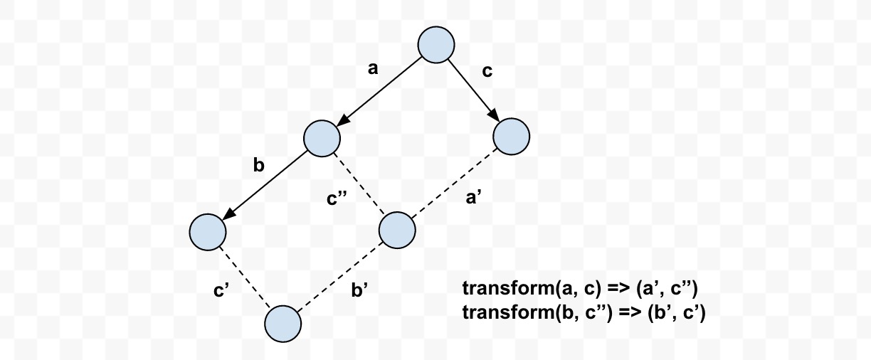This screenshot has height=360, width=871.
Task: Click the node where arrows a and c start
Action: (435, 45)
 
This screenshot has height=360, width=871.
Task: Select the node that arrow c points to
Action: (511, 137)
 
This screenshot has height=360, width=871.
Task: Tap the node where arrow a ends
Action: (322, 137)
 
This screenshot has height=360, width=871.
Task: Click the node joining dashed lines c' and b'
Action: (283, 324)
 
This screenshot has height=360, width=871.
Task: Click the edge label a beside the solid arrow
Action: (372, 69)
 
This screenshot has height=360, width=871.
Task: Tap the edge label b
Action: (258, 166)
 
